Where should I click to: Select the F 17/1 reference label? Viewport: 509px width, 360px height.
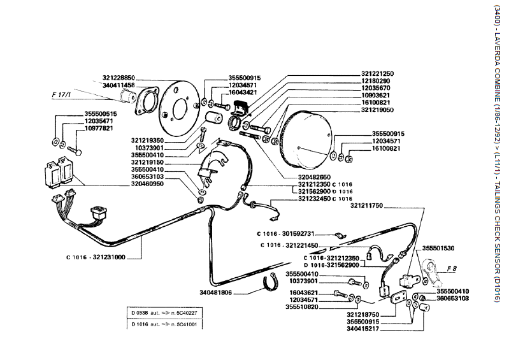[62, 94]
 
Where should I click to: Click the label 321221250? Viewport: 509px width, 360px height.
[377, 73]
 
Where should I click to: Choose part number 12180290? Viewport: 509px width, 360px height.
[376, 81]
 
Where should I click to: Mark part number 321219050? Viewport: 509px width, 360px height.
[377, 110]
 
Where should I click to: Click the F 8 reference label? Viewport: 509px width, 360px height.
[452, 268]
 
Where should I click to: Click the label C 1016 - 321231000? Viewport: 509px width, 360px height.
[94, 257]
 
